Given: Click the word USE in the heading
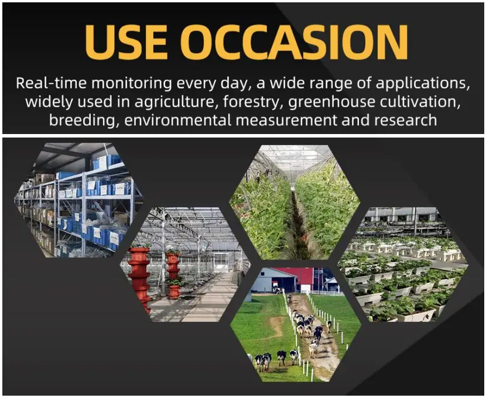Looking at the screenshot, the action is click(126, 42).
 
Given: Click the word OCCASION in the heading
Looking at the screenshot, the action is click(294, 42).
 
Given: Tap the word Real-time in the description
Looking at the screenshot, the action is click(51, 83).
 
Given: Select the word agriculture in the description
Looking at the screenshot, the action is click(174, 102).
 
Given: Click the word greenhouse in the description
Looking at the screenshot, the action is click(331, 102).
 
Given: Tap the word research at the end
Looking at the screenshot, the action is click(405, 120).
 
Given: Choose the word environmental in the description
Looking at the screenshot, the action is click(178, 120).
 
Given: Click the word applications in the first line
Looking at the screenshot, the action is click(423, 84).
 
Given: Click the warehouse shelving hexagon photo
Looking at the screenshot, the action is click(79, 200).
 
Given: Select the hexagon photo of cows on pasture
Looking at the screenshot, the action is click(296, 325).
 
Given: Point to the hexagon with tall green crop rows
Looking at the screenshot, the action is click(295, 203).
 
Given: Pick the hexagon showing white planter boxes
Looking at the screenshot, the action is click(403, 265).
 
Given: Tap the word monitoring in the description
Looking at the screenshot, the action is click(132, 84).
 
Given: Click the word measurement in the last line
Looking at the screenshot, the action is click(286, 120).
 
